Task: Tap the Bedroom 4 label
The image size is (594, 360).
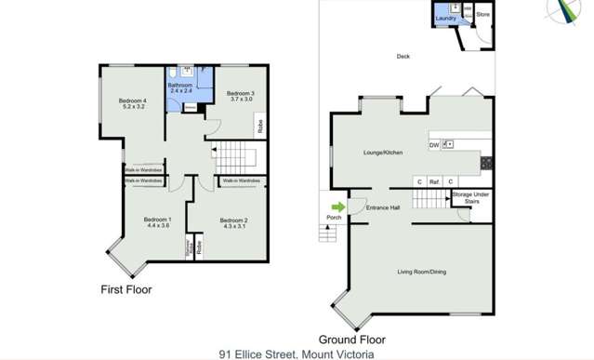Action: pyautogui.click(x=133, y=103)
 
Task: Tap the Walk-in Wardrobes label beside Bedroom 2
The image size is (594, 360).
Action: pyautogui.click(x=241, y=180)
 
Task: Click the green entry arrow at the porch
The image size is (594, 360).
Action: pyautogui.click(x=338, y=207)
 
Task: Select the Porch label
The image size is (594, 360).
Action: pyautogui.click(x=334, y=218)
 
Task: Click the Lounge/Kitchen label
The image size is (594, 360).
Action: pyautogui.click(x=382, y=151)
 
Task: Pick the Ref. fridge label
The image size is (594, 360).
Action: pyautogui.click(x=434, y=181)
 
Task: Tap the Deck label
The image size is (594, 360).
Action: pyautogui.click(x=403, y=56)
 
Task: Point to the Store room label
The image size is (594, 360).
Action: pyautogui.click(x=482, y=15)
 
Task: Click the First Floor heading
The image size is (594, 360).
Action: pyautogui.click(x=125, y=289)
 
